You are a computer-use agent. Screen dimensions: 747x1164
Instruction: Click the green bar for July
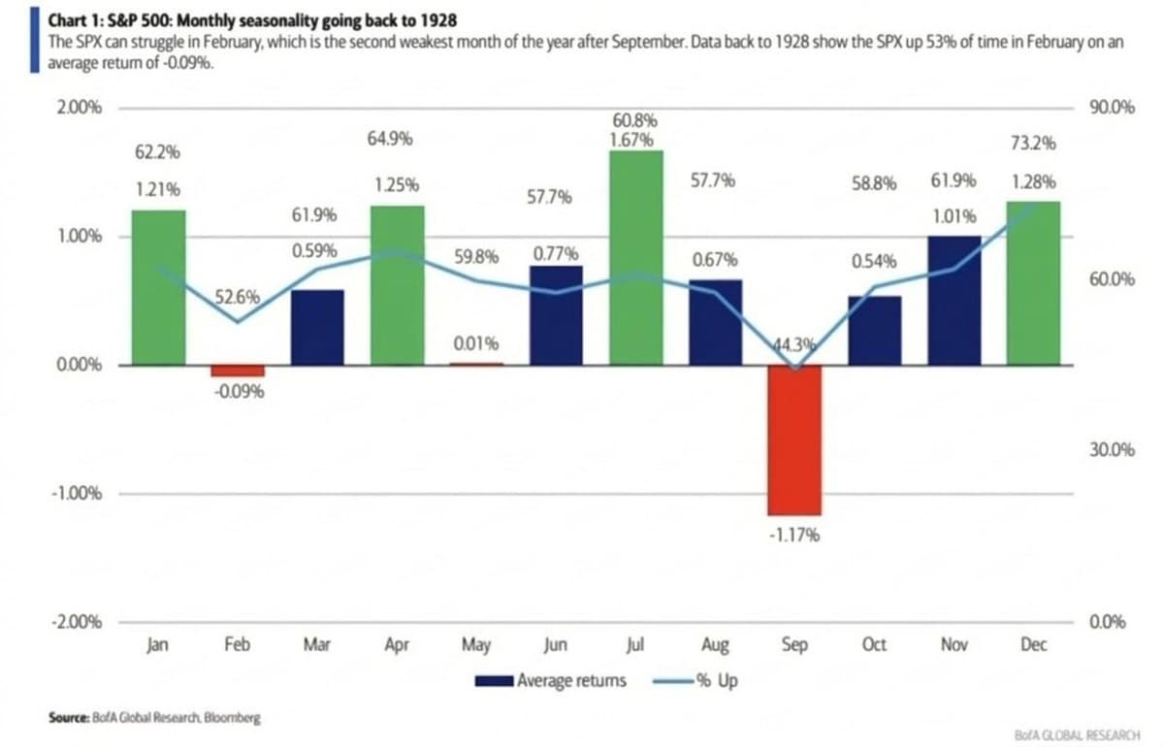pyautogui.click(x=636, y=258)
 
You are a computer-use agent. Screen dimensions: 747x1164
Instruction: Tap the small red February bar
pyautogui.click(x=238, y=371)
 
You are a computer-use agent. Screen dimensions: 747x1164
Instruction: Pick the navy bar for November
pyautogui.click(x=954, y=300)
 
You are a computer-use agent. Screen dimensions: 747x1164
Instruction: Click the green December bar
pyautogui.click(x=1033, y=283)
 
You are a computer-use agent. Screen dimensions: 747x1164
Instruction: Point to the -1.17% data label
pyautogui.click(x=794, y=535)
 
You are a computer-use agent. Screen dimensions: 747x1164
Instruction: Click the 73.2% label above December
pyautogui.click(x=1033, y=145)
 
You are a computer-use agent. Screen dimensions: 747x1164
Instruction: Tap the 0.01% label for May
pyautogui.click(x=476, y=343)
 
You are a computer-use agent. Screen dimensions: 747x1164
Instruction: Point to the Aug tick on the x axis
pyautogui.click(x=714, y=645)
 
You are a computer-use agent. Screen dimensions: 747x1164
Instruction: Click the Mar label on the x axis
pyautogui.click(x=316, y=645)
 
